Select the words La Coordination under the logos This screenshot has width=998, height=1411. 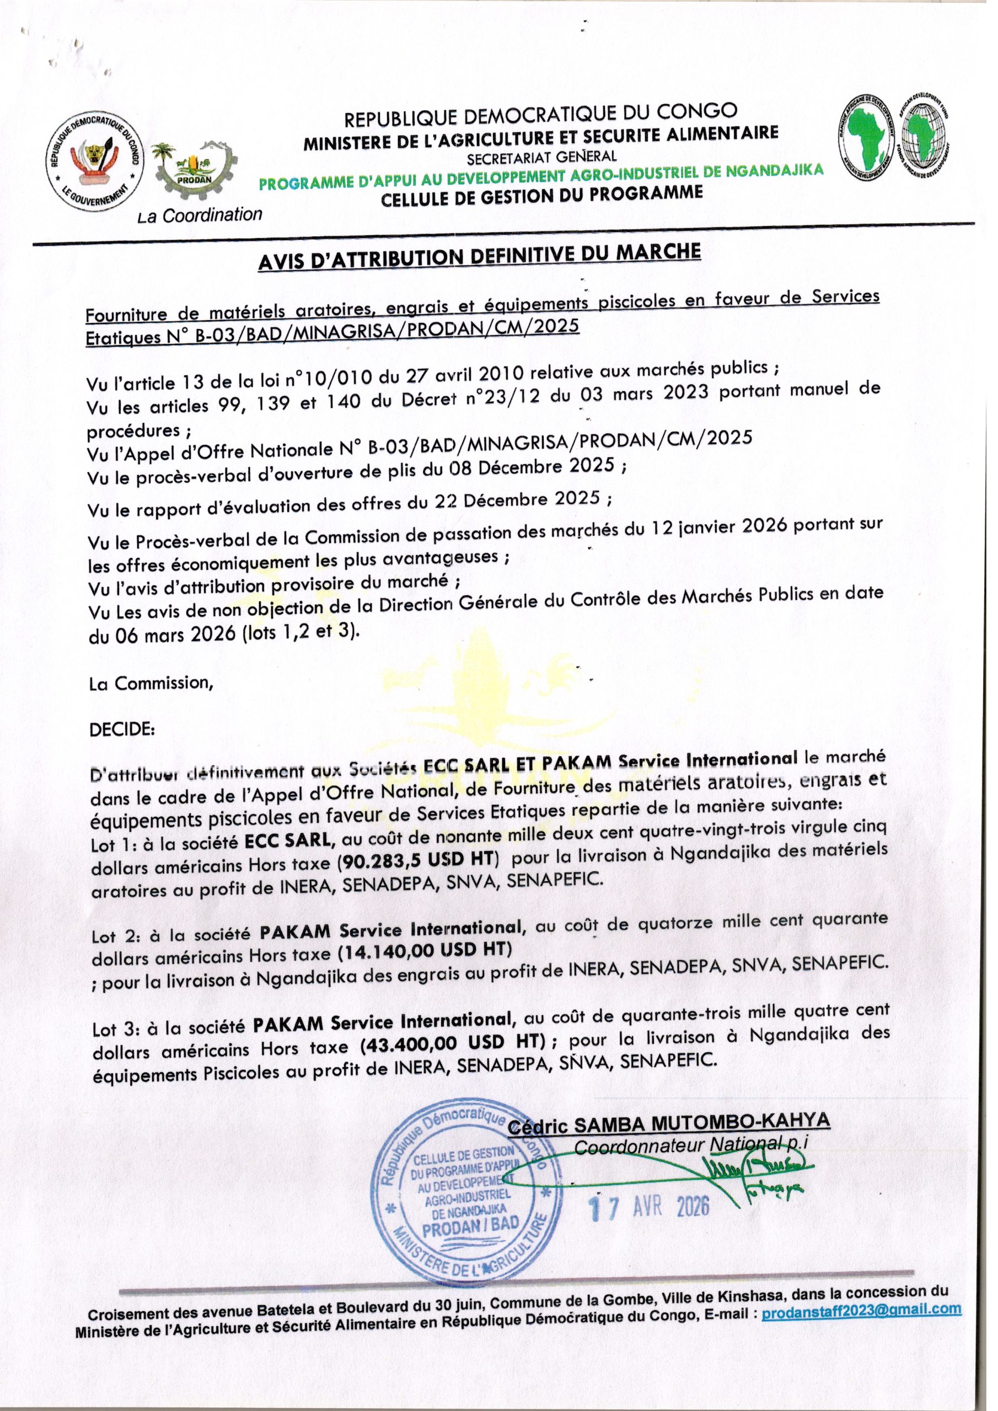(x=201, y=215)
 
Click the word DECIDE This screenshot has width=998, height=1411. (x=122, y=731)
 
